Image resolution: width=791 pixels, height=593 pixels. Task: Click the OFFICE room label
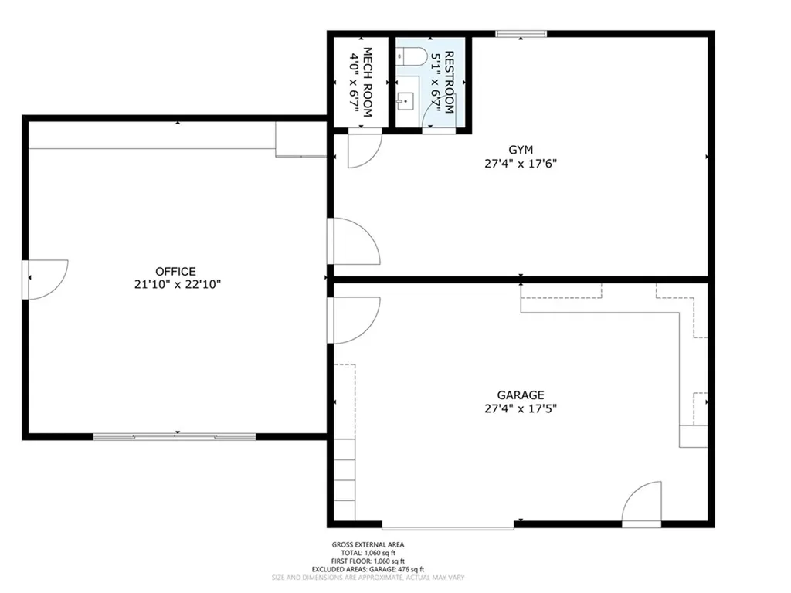[x=175, y=271]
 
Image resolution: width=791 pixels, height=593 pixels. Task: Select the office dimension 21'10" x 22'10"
[x=175, y=284]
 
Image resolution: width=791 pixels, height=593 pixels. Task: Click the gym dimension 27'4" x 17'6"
[x=521, y=163]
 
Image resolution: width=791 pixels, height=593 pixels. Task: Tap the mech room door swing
[x=362, y=149]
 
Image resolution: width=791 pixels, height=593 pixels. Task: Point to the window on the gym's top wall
[x=521, y=33]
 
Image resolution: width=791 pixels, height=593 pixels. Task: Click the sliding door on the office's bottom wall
[x=175, y=437]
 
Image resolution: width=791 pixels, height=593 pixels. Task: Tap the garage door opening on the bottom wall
[x=447, y=527]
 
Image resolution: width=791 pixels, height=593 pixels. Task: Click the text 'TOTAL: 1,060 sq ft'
[x=368, y=553]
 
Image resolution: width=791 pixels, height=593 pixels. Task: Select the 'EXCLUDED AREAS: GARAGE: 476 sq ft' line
[x=368, y=569]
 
